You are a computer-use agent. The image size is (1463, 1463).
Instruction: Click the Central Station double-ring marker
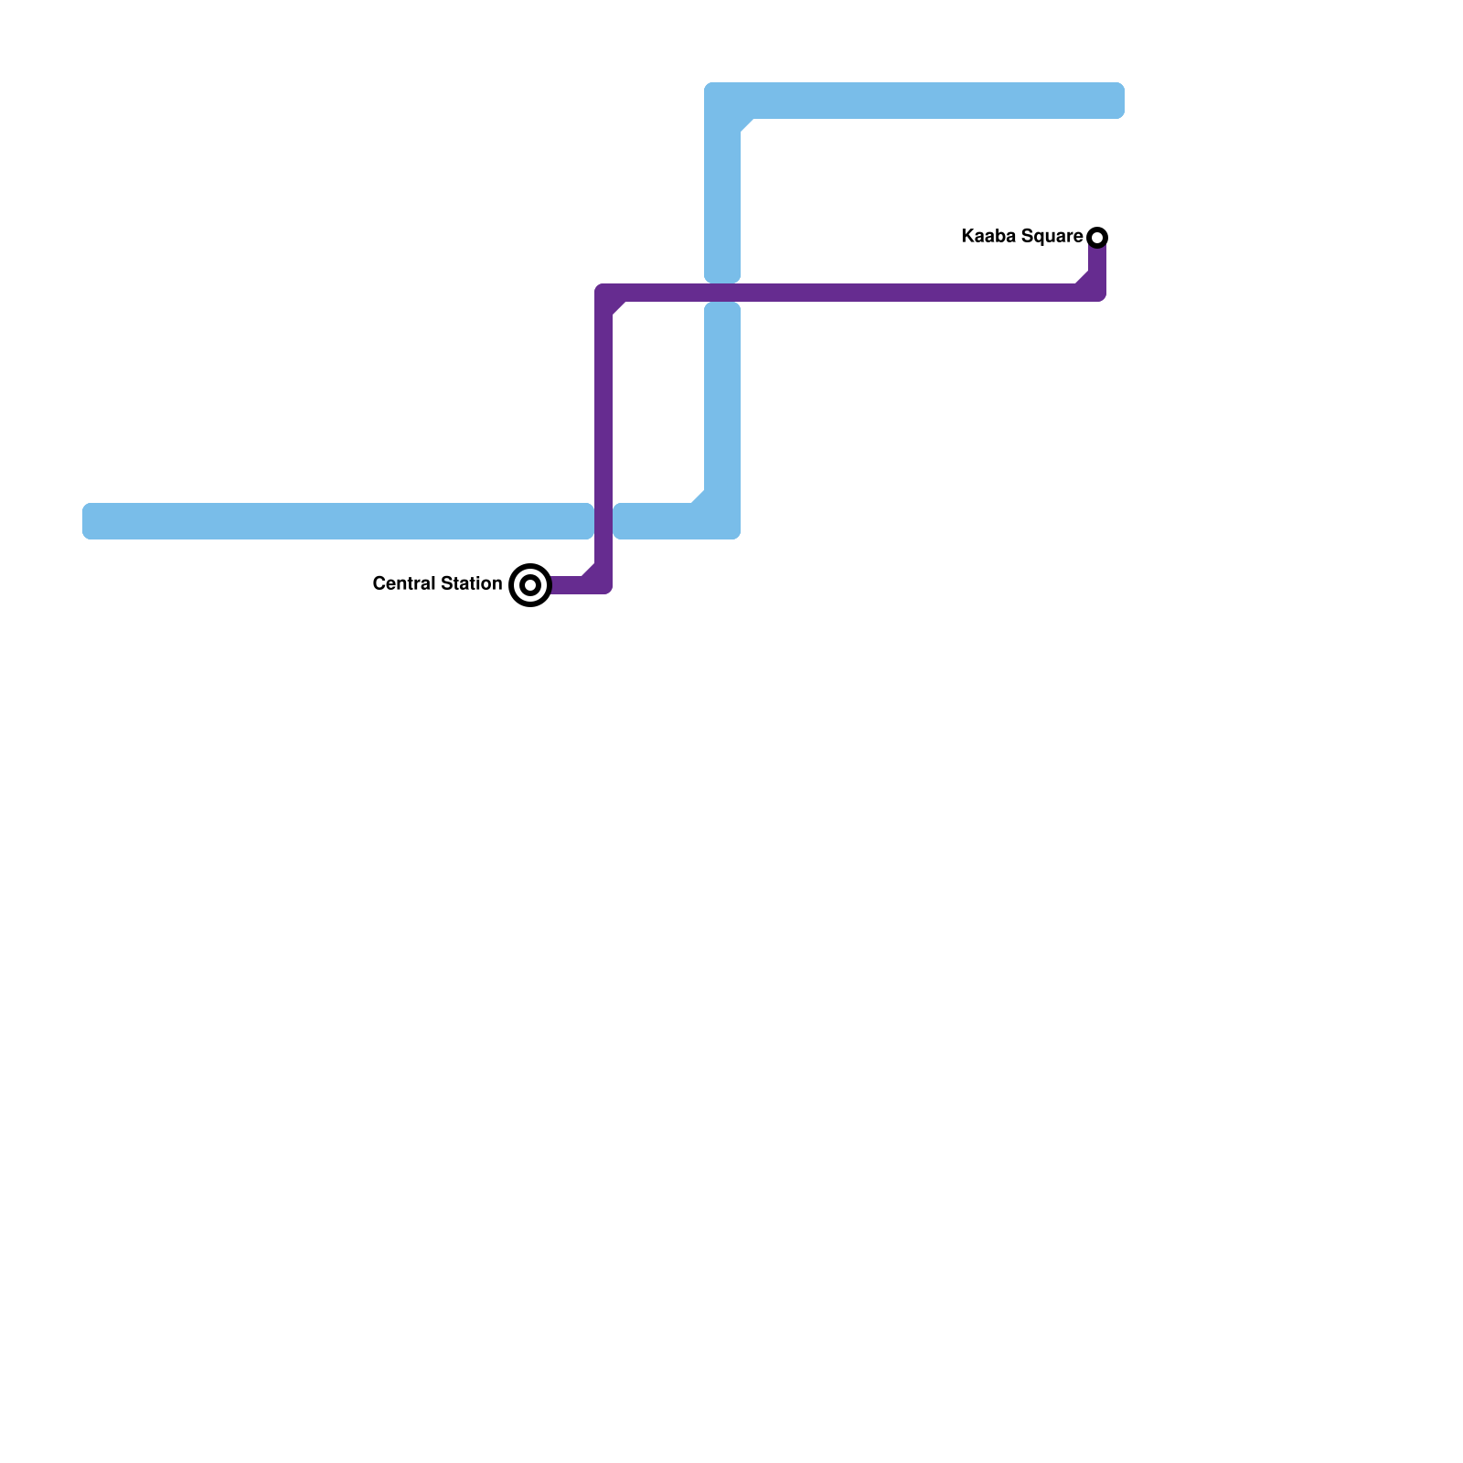(530, 585)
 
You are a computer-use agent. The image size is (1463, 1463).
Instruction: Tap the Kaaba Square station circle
(1097, 238)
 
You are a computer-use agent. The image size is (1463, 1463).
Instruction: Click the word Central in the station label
(401, 583)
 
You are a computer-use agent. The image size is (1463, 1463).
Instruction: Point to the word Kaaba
(988, 237)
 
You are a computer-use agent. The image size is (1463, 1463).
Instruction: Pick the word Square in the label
(1052, 237)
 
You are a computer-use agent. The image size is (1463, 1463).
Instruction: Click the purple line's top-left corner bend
(605, 294)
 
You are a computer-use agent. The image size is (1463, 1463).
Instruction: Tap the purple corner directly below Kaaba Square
(1096, 292)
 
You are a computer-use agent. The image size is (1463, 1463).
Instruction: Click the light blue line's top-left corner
(723, 101)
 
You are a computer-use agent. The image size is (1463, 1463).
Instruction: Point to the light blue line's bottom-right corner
(722, 521)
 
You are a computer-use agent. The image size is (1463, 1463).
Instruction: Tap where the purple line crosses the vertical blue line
(722, 293)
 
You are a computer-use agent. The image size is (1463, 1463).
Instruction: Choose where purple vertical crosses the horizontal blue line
(603, 521)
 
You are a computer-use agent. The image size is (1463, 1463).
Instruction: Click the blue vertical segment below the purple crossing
(722, 402)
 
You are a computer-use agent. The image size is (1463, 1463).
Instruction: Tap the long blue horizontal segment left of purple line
(338, 521)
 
